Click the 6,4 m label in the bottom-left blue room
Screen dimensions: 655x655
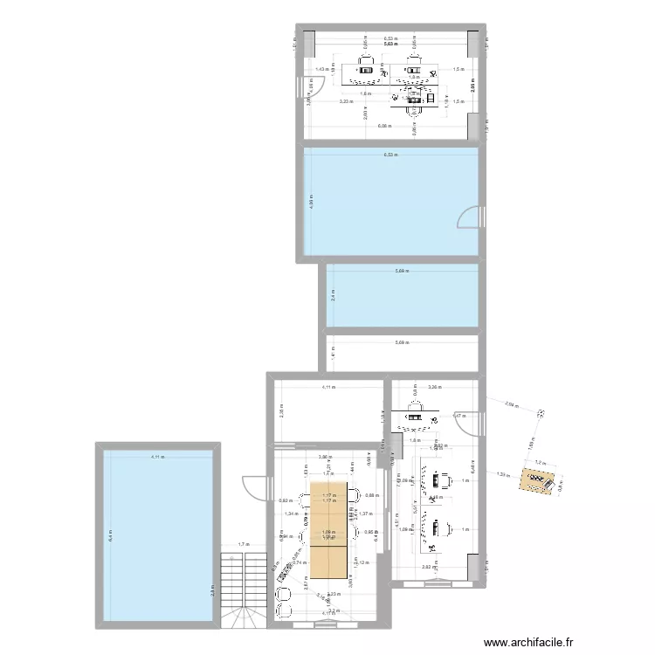(110, 534)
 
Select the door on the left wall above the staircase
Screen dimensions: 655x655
(252, 486)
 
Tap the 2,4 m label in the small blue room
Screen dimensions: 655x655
(332, 296)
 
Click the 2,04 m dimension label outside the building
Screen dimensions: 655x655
(513, 404)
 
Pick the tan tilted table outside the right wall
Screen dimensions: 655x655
(535, 482)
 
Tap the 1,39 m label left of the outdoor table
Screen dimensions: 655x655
(501, 474)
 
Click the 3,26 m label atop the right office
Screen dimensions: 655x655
(435, 385)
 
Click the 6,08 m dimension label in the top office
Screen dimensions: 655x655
(384, 127)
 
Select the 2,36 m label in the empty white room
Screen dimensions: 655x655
(279, 410)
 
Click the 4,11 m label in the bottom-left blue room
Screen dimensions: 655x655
(156, 457)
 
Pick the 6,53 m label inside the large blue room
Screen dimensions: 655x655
(390, 155)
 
